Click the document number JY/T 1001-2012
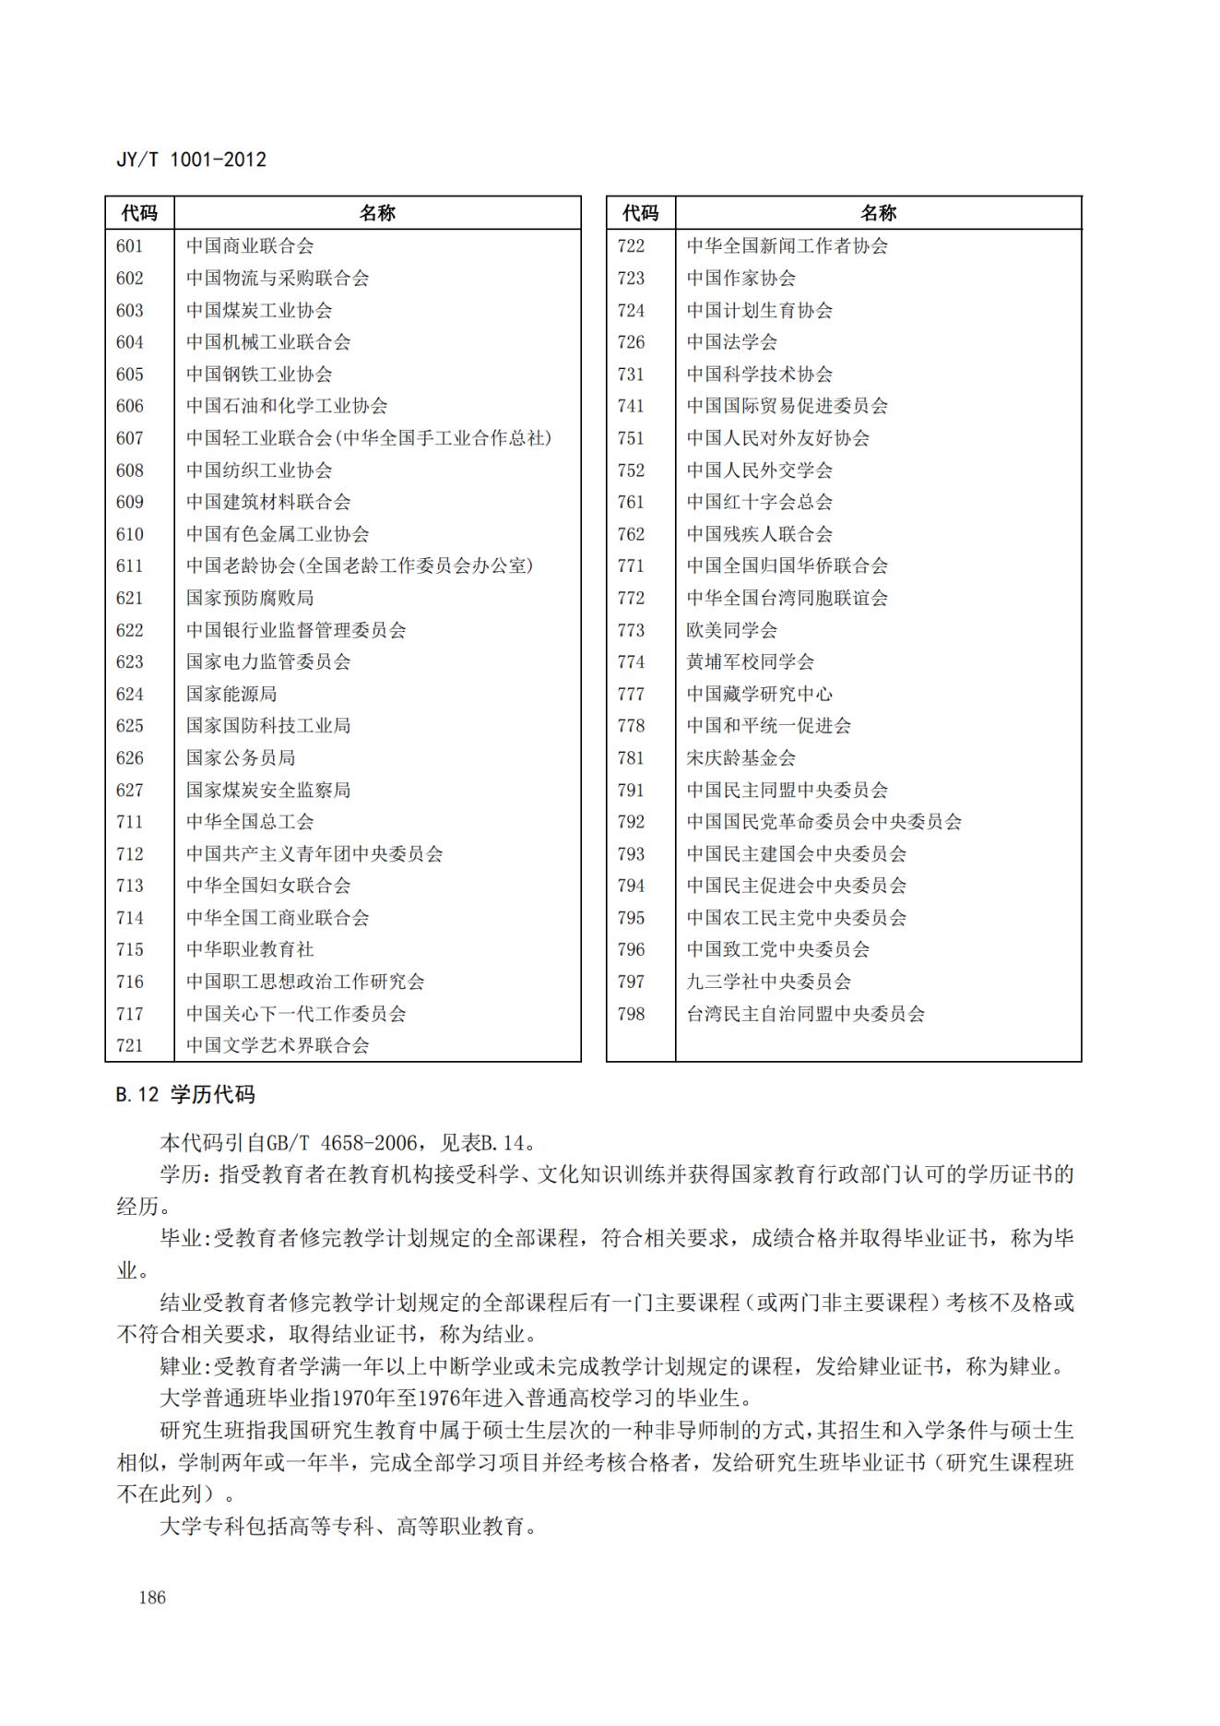pos(191,160)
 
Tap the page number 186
pos(152,1597)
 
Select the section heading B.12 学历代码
pos(185,1095)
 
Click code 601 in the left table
pos(130,246)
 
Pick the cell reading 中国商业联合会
pos(250,246)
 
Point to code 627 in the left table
pos(130,790)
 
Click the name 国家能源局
pos(231,694)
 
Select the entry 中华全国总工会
pos(250,822)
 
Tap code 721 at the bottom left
pos(130,1045)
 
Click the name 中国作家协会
pos(740,279)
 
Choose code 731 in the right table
pos(631,375)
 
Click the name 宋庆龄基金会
pos(740,758)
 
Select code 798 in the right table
pos(631,1014)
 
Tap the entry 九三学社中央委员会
pos(768,982)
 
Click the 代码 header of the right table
pos(640,213)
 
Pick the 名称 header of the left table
pos(377,213)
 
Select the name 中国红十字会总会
pos(759,502)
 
